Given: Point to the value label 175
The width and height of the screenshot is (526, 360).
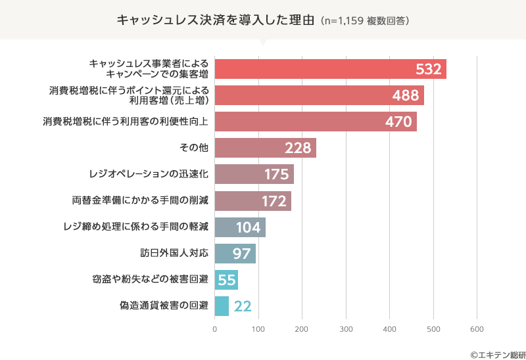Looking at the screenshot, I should [x=277, y=175].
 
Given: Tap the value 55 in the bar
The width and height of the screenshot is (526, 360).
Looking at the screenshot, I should [x=227, y=280].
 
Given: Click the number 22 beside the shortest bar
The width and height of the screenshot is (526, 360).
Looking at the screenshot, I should [x=243, y=306].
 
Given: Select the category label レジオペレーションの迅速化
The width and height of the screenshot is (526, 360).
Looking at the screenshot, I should [x=149, y=174].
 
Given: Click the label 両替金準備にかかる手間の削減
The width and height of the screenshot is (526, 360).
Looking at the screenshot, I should [x=140, y=200].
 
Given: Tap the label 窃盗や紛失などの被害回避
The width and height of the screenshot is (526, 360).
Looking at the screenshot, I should [x=151, y=279].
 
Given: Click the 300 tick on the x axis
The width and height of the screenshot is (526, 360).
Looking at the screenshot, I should [x=346, y=328].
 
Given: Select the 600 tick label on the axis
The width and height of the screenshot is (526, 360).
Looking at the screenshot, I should [x=477, y=328].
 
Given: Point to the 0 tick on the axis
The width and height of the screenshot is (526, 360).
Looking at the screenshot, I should [x=215, y=328].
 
